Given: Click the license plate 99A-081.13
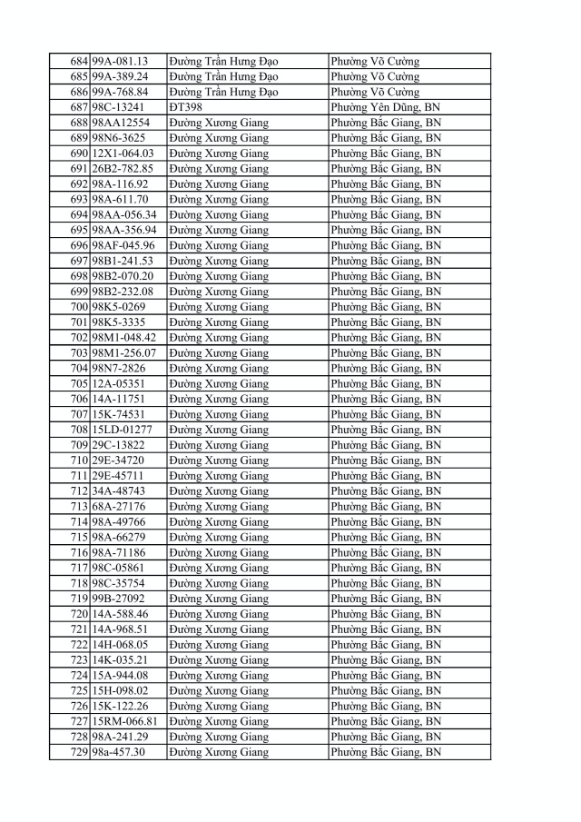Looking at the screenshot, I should coord(120,61).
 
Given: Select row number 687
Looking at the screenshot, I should coord(78,107).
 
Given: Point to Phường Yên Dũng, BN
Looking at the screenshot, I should coord(386,107).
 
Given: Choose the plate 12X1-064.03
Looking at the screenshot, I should coord(123,154).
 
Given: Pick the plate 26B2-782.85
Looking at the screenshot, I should coord(123,169).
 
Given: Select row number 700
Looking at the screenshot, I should coord(78,307).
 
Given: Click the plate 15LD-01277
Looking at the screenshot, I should coord(122,430).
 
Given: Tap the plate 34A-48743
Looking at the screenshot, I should coord(118,491).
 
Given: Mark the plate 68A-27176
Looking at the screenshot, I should coord(118,507).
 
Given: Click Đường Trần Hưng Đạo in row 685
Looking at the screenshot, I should coord(223,76).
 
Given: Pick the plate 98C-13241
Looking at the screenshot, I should coord(118,107).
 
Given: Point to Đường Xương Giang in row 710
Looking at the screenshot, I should coord(218,461).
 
